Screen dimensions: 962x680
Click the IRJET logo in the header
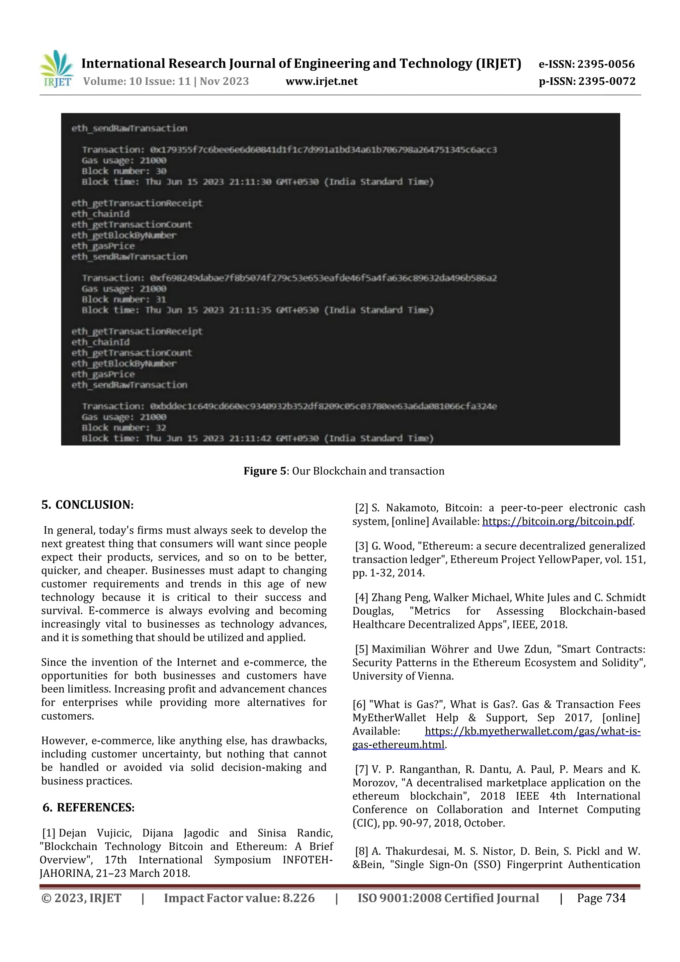pyautogui.click(x=56, y=69)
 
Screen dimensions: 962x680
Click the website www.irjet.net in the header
pyautogui.click(x=321, y=81)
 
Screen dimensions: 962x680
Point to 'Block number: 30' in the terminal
pyautogui.click(x=124, y=171)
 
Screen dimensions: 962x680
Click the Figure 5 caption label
pyautogui.click(x=266, y=471)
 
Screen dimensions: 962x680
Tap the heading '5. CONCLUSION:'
pyautogui.click(x=88, y=504)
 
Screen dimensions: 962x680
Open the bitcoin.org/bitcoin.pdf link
pyautogui.click(x=557, y=521)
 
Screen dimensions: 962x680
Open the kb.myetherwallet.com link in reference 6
pyautogui.click(x=532, y=731)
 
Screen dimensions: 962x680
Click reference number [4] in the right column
pyautogui.click(x=361, y=597)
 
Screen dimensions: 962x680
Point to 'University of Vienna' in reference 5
pyautogui.click(x=403, y=676)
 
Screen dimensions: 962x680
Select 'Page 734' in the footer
pyautogui.click(x=601, y=898)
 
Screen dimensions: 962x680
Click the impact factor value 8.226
pyautogui.click(x=298, y=898)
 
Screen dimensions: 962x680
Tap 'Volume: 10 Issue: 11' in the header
pyautogui.click(x=136, y=81)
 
